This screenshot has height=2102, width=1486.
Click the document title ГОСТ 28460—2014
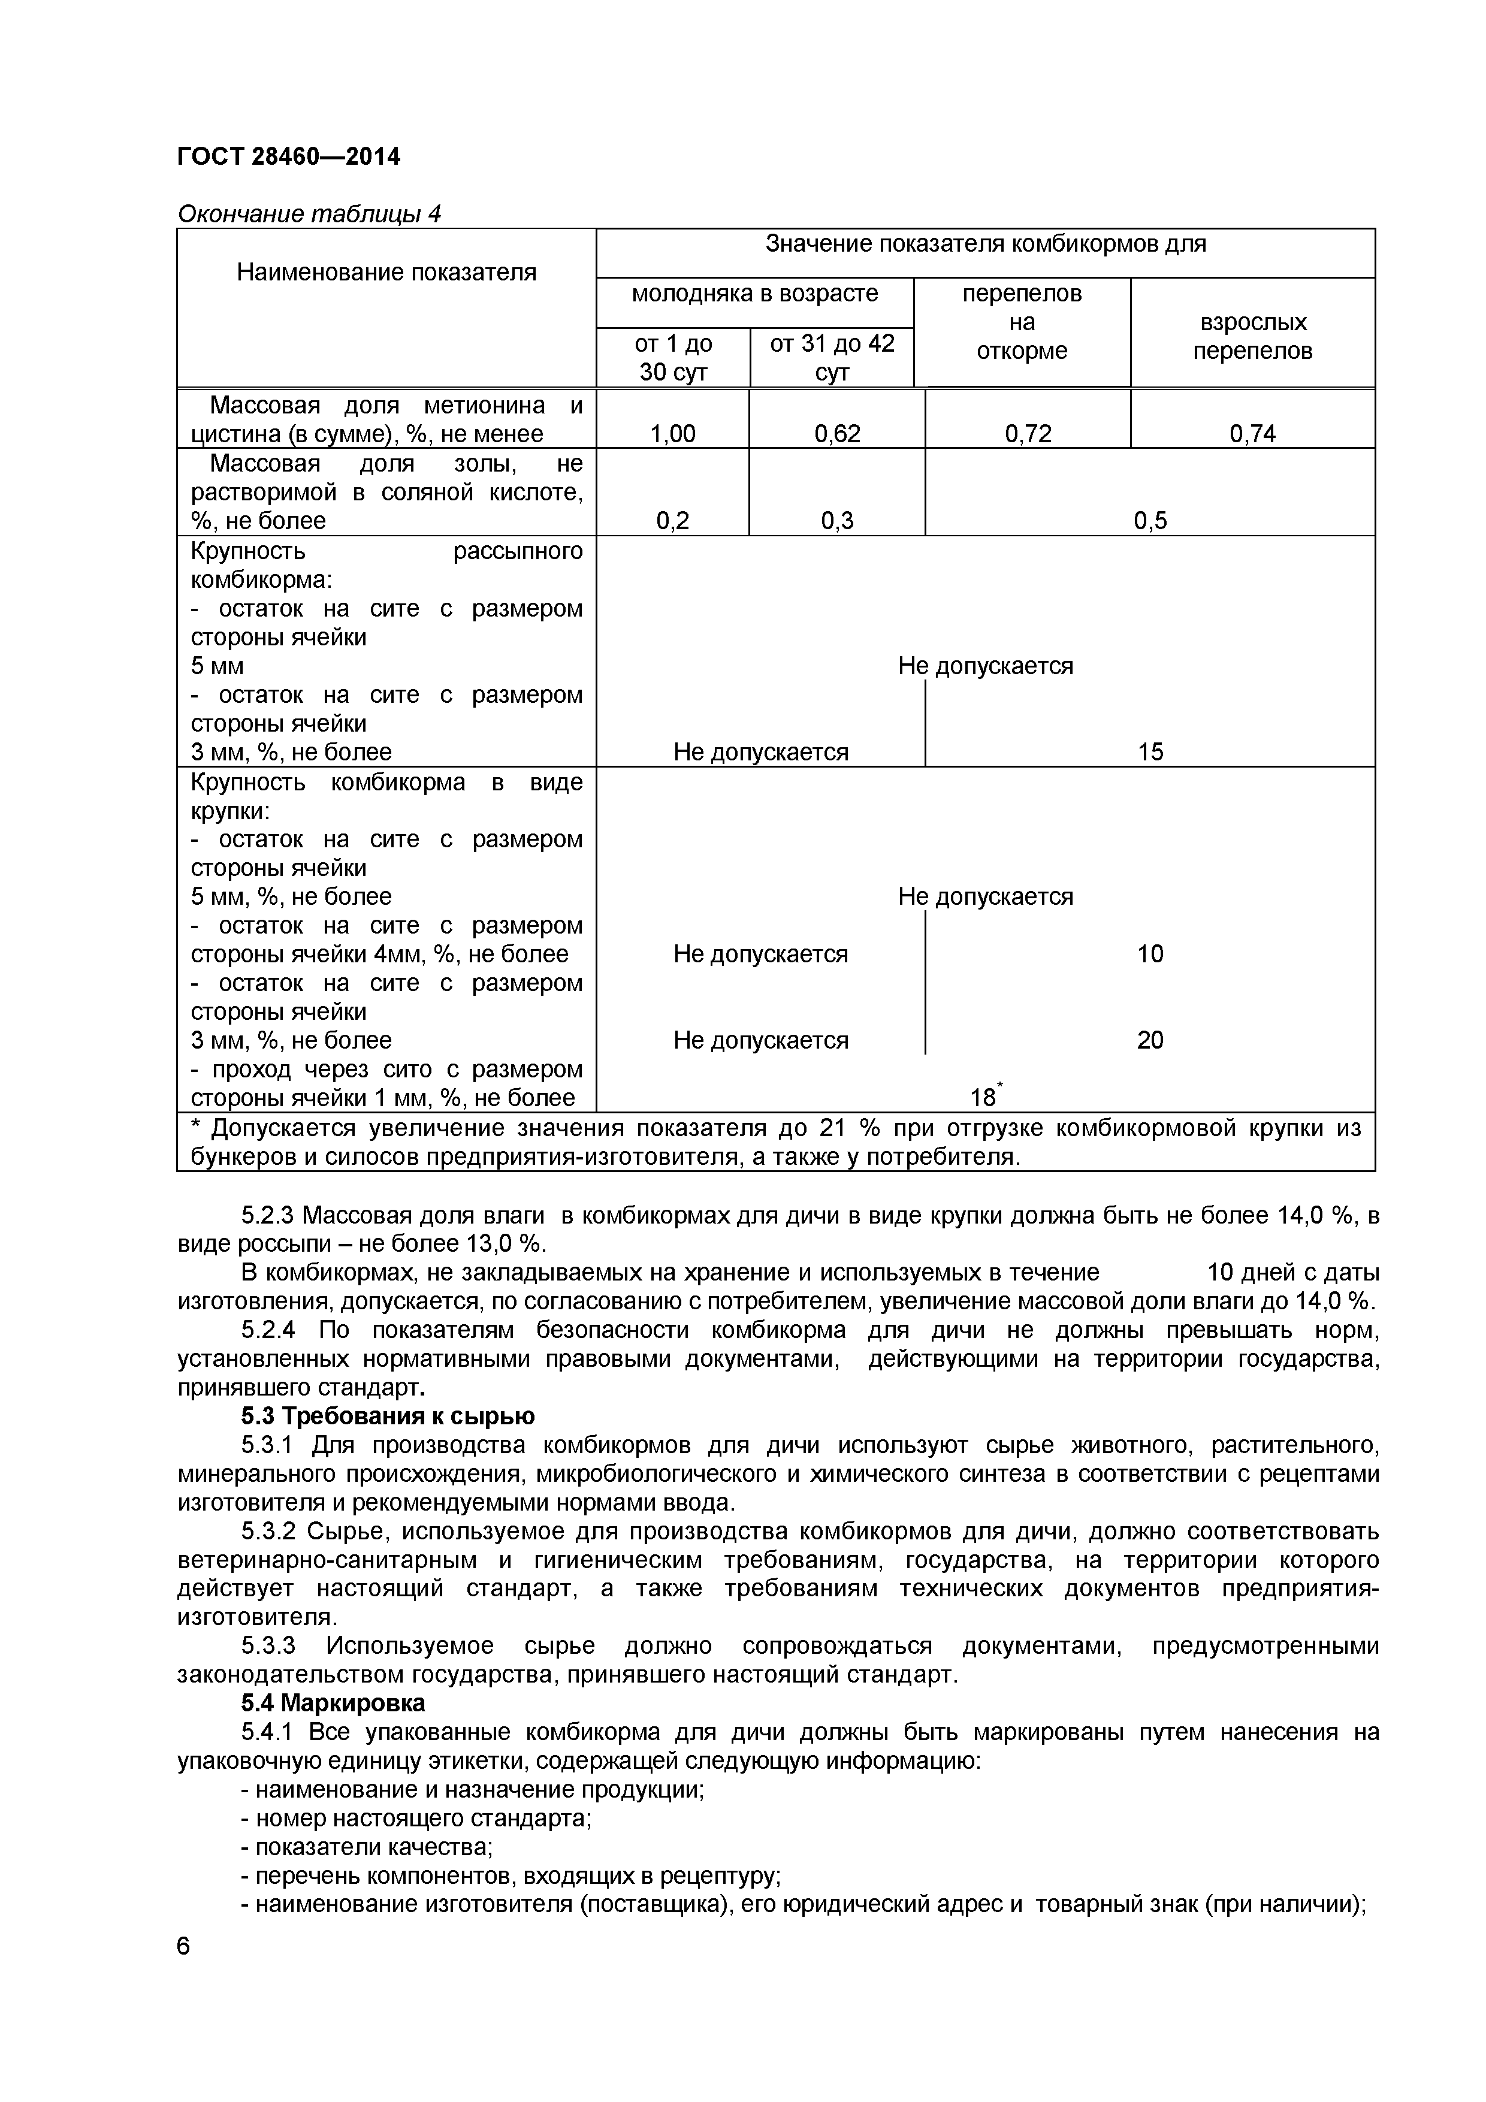pyautogui.click(x=288, y=156)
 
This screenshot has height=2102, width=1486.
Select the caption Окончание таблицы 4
pyautogui.click(x=309, y=213)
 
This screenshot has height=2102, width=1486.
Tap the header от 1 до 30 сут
pyautogui.click(x=672, y=357)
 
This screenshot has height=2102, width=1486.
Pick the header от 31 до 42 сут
pyautogui.click(x=831, y=357)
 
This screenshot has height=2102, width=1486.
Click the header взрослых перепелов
pyautogui.click(x=1252, y=336)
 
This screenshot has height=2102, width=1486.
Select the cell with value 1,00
pyautogui.click(x=672, y=433)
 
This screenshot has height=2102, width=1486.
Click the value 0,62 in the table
pyautogui.click(x=837, y=433)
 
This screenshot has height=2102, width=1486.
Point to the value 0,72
pyautogui.click(x=1027, y=433)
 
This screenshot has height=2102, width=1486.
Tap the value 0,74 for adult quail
pyautogui.click(x=1252, y=433)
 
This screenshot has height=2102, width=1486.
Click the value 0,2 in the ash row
pyautogui.click(x=672, y=521)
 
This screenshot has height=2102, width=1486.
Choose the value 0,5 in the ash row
pyautogui.click(x=1150, y=521)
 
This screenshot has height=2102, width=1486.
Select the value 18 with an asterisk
pyautogui.click(x=984, y=1097)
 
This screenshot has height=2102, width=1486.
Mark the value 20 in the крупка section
pyautogui.click(x=1150, y=1040)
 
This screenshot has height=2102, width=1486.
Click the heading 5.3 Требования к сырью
pyautogui.click(x=388, y=1417)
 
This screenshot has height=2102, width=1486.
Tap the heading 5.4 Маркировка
pyautogui.click(x=333, y=1703)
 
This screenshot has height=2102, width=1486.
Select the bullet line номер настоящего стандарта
pyautogui.click(x=416, y=1817)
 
